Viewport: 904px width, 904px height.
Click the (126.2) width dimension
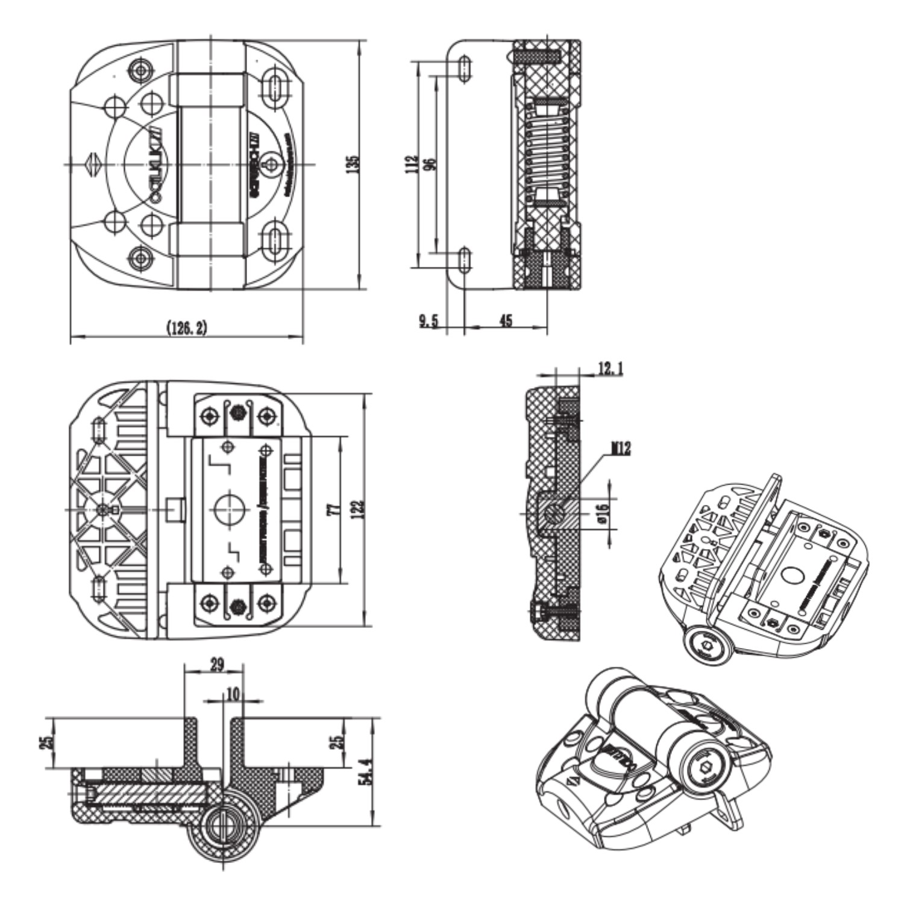coord(186,328)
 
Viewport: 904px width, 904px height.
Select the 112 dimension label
coord(412,163)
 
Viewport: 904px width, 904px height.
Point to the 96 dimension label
coord(428,163)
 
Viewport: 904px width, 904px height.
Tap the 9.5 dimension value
coord(428,321)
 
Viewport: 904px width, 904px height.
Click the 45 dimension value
coord(506,321)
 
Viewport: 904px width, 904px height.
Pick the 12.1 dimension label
coord(610,369)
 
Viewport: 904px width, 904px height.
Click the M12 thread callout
coord(620,448)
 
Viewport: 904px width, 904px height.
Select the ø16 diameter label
coord(603,513)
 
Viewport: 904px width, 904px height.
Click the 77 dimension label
coord(332,510)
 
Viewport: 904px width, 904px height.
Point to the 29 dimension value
coord(217,665)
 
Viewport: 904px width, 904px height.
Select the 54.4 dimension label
coord(365,772)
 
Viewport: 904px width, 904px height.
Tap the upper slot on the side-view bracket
coord(465,68)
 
